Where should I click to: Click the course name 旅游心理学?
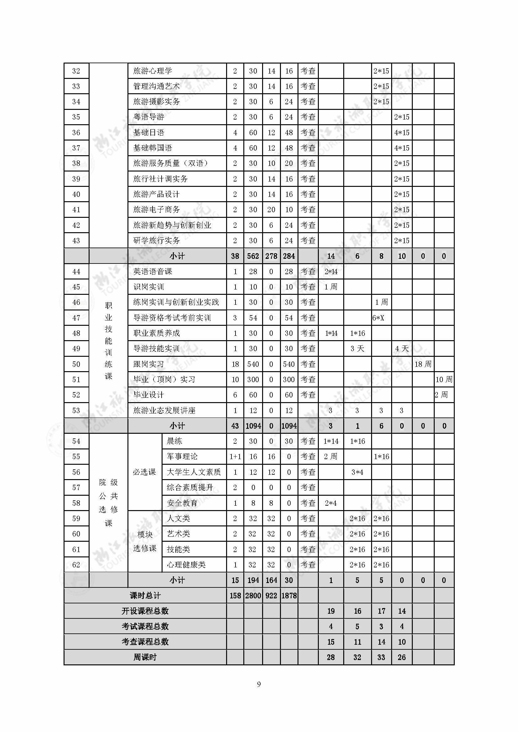[x=153, y=71]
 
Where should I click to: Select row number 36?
[x=76, y=133]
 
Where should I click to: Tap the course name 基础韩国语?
[x=153, y=148]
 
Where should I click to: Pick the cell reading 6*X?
[x=378, y=318]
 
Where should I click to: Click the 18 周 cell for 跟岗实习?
[x=423, y=364]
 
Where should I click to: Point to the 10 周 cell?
[x=444, y=379]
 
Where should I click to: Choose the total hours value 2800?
[x=253, y=596]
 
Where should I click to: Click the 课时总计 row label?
[x=145, y=596]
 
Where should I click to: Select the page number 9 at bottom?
[x=259, y=684]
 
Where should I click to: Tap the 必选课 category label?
[x=144, y=472]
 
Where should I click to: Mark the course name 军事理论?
[x=182, y=457]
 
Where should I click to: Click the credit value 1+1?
[x=235, y=457]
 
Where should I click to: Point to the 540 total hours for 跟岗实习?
[x=253, y=364]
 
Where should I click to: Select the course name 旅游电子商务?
[x=156, y=209]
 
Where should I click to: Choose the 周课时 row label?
[x=145, y=657]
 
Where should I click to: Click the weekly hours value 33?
[x=381, y=657]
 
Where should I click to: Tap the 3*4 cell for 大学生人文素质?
[x=357, y=472]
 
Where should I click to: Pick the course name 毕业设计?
[x=149, y=395]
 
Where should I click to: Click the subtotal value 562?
[x=253, y=256]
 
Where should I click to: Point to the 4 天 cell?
[x=401, y=348]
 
